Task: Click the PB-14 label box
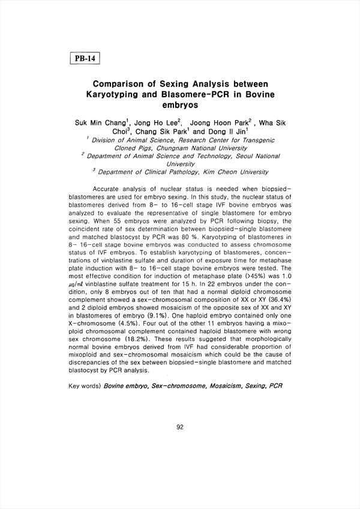pos(83,59)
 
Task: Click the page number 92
pos(180,427)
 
